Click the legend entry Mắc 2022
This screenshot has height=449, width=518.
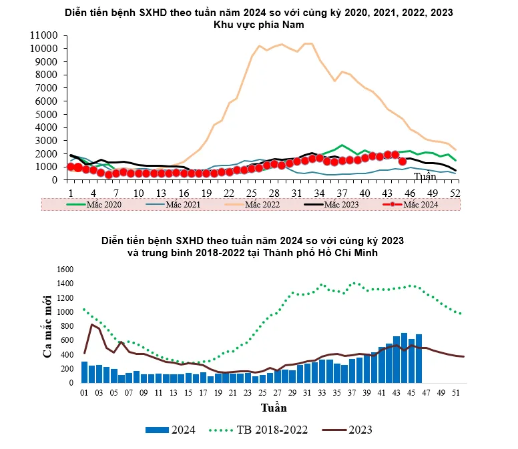coord(260,204)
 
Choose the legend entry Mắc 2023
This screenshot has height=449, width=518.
coord(341,204)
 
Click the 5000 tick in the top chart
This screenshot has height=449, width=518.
coord(47,114)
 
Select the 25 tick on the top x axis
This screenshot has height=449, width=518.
coord(252,192)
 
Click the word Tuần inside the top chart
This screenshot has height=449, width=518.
coord(425,177)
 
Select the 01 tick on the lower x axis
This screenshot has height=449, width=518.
coord(84,393)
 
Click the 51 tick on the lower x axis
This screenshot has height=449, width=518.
coord(456,393)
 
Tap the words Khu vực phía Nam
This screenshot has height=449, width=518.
coord(258,25)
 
